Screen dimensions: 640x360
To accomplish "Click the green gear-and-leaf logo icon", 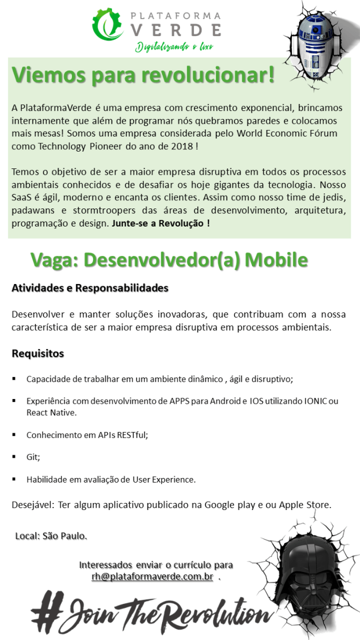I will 110,25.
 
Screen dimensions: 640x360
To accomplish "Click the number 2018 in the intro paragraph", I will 182,146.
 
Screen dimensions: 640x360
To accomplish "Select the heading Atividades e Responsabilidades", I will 90,288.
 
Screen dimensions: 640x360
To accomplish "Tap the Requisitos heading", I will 38,353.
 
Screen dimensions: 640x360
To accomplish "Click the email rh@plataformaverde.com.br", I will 152,577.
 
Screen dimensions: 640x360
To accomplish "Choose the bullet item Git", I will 33,457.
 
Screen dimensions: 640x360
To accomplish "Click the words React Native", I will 51,412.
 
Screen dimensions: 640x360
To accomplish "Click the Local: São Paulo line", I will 51,535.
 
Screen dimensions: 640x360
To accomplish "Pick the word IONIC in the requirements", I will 315,401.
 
